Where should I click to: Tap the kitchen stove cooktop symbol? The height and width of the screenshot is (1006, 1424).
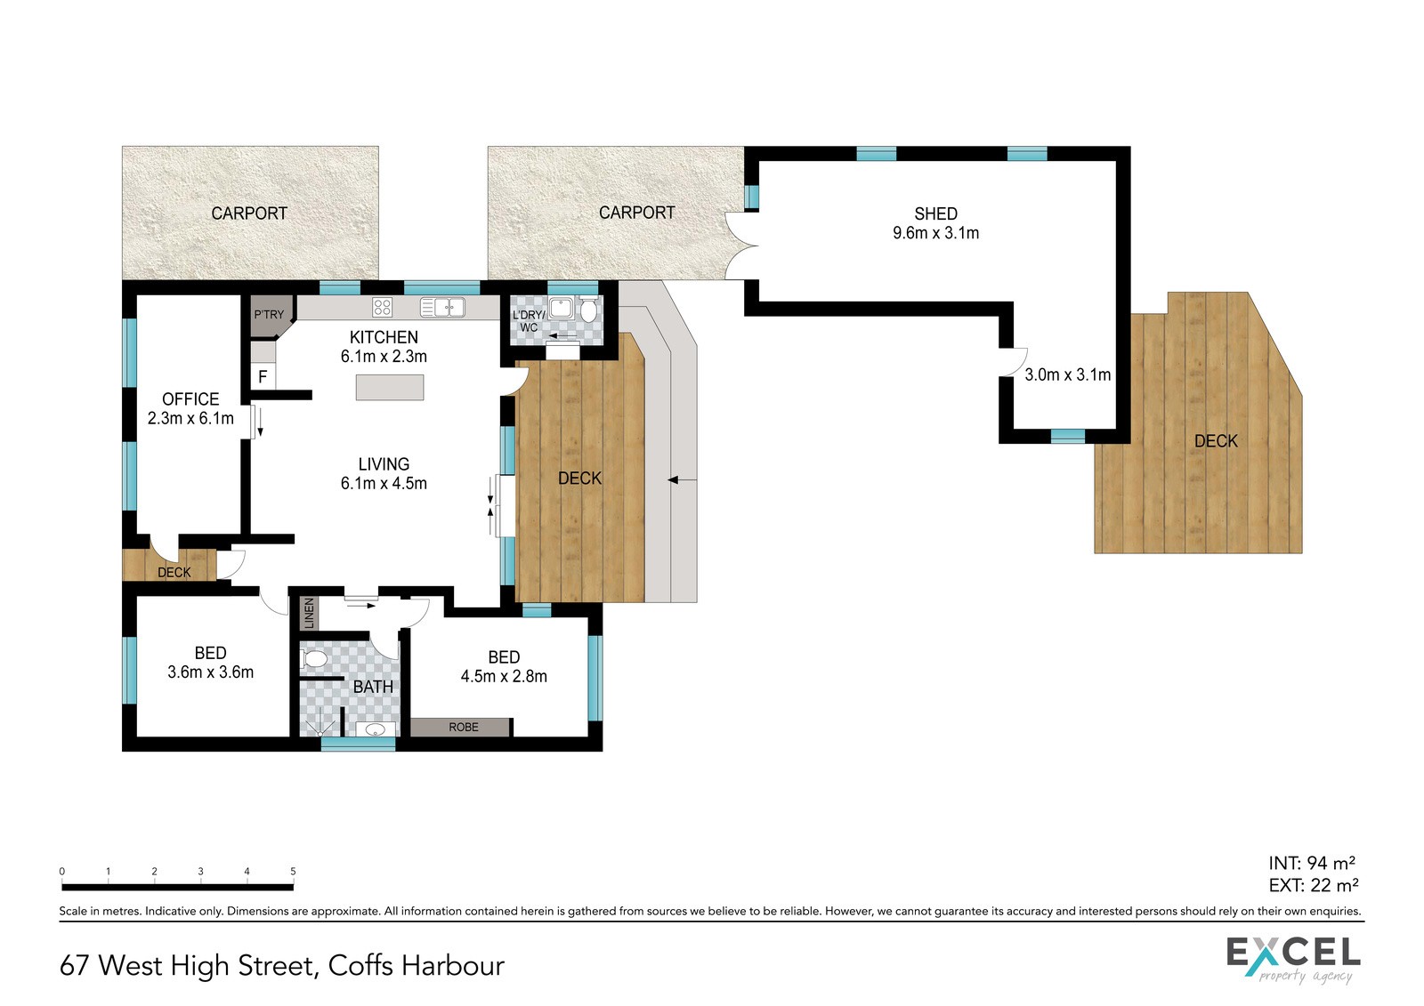point(382,308)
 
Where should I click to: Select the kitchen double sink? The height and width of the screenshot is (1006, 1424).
point(442,308)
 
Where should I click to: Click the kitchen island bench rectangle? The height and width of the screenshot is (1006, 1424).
point(390,388)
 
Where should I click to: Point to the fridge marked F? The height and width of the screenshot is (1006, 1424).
point(263,377)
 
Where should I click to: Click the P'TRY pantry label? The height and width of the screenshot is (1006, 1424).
point(269,315)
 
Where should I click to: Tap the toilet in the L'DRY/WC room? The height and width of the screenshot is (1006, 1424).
point(588,310)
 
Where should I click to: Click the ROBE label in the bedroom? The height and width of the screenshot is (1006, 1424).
point(464,727)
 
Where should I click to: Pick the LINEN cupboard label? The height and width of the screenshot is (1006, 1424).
point(310,613)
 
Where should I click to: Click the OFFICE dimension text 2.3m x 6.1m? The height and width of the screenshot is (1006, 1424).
point(190,418)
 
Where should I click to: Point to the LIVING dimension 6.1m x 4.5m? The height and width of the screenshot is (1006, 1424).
point(384,483)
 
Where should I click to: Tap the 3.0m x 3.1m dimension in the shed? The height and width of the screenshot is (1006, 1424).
point(1068,375)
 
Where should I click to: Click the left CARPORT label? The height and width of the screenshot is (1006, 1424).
point(249,213)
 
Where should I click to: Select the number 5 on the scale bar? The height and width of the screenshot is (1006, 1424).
point(293,872)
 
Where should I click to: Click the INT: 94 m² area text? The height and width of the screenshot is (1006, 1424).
point(1312,863)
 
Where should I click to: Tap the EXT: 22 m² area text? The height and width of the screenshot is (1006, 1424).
point(1314,885)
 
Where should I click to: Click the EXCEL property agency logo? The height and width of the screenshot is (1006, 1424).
point(1294,961)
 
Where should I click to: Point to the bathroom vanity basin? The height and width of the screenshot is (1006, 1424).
point(376,728)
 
